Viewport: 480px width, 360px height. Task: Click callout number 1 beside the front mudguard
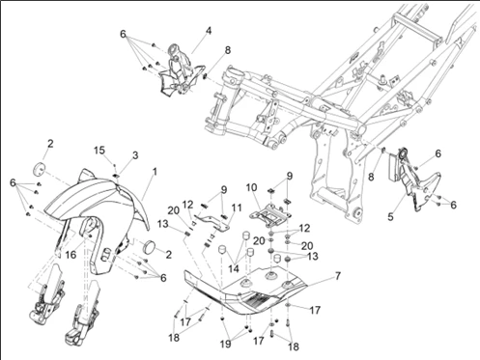pyautogui.click(x=155, y=172)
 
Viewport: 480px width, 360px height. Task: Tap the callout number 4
pyautogui.click(x=209, y=31)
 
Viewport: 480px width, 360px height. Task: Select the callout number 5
pyautogui.click(x=390, y=216)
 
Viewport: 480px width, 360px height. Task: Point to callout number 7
pyautogui.click(x=337, y=276)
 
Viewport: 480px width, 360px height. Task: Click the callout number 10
pyautogui.click(x=251, y=187)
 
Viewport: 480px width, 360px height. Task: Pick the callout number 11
pyautogui.click(x=237, y=208)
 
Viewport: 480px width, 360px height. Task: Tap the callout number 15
pyautogui.click(x=99, y=151)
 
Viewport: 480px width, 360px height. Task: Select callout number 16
pyautogui.click(x=71, y=255)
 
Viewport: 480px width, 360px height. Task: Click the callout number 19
pyautogui.click(x=226, y=344)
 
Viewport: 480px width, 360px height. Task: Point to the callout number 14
pyautogui.click(x=234, y=268)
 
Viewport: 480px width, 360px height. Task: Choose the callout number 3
pyautogui.click(x=135, y=155)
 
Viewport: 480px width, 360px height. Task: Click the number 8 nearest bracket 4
pyautogui.click(x=228, y=50)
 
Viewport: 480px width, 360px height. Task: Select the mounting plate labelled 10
pyautogui.click(x=269, y=215)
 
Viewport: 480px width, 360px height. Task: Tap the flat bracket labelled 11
pyautogui.click(x=212, y=221)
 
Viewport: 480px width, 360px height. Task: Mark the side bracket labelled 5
pyautogui.click(x=415, y=183)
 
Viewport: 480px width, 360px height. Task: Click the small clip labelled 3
pyautogui.click(x=116, y=176)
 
